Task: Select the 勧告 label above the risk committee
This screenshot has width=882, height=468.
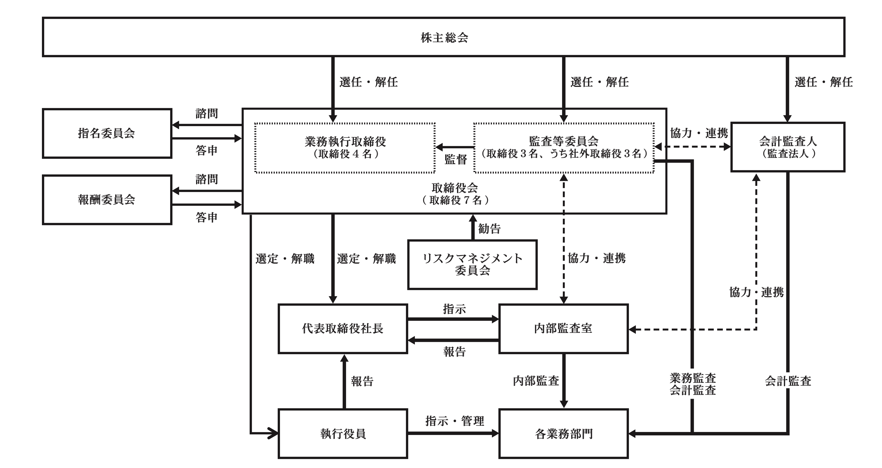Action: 490,229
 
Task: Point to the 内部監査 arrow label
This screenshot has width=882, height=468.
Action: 536,381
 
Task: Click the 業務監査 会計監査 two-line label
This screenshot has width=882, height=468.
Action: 693,384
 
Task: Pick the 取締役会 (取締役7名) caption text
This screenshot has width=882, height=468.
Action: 455,194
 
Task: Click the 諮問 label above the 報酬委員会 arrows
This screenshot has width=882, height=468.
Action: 207,179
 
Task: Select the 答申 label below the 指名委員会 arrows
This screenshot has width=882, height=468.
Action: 207,150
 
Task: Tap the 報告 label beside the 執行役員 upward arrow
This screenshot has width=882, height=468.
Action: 362,381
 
